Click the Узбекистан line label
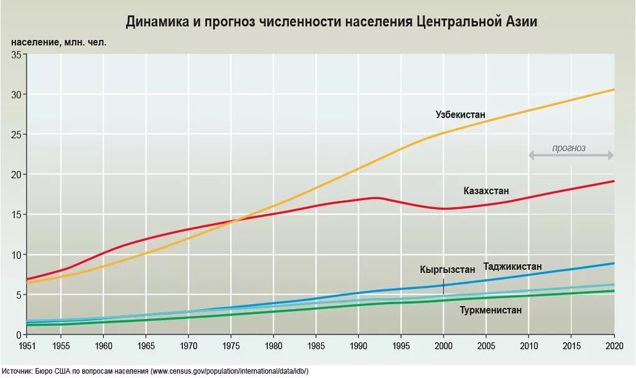tap(460, 115)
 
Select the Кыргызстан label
tap(447, 269)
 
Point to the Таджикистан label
tap(512, 267)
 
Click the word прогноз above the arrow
tap(569, 148)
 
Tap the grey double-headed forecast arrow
tap(571, 155)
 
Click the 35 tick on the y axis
tap(17, 55)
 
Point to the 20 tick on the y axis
tap(17, 175)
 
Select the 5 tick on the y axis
tap(19, 295)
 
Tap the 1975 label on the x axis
tap(231, 346)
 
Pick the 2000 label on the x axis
tap(443, 346)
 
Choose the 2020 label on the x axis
tap(614, 346)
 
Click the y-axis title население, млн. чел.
tap(59, 42)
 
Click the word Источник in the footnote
tap(17, 371)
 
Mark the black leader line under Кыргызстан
tap(443, 286)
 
